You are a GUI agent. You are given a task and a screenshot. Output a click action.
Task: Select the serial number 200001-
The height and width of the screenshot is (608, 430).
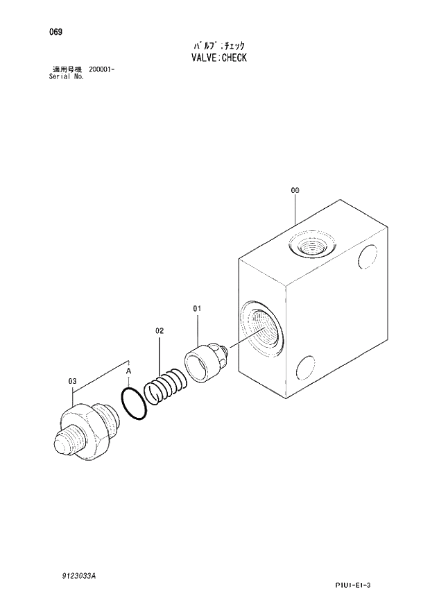(101, 70)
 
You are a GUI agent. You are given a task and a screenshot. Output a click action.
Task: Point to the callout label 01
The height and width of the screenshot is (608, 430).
(196, 308)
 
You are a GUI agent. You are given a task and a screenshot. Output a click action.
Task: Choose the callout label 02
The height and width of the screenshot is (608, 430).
(159, 331)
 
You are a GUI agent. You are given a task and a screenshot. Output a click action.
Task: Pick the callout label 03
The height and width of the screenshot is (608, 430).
(71, 380)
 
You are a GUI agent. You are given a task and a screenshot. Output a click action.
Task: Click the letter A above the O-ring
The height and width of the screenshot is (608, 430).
(128, 373)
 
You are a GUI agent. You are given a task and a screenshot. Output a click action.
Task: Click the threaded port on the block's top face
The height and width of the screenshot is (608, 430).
(311, 245)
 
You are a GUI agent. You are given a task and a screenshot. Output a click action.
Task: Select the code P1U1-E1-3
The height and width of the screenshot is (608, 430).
(353, 586)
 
